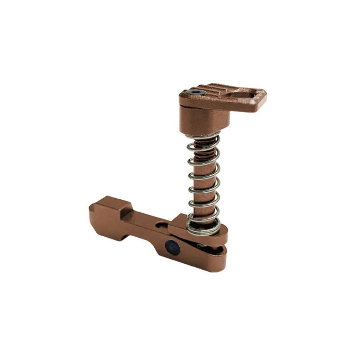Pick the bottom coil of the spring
point(204,229)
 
